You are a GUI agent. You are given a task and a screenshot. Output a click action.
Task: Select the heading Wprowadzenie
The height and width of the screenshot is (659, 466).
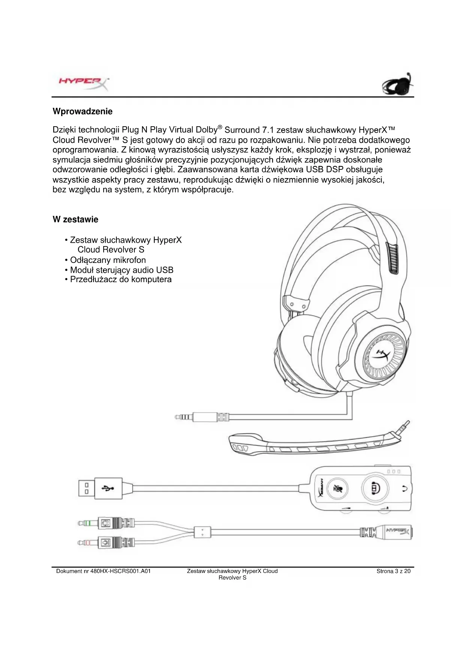(83, 112)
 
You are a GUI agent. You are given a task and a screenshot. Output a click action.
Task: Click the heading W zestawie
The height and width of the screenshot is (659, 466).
(75, 220)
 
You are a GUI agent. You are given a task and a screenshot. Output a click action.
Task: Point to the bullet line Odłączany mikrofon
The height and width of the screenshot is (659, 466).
(108, 260)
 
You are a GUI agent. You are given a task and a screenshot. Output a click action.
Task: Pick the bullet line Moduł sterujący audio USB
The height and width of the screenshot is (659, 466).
(122, 270)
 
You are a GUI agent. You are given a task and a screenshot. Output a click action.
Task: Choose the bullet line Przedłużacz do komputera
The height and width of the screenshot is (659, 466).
(121, 280)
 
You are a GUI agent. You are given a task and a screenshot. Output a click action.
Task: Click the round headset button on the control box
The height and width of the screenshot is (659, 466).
(374, 488)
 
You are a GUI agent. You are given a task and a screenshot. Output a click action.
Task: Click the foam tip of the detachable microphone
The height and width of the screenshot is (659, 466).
(239, 445)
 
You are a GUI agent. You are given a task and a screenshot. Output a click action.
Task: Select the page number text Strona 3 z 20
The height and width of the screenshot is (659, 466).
(394, 571)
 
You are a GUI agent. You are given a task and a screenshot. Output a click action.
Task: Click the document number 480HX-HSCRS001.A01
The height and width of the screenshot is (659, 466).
(103, 571)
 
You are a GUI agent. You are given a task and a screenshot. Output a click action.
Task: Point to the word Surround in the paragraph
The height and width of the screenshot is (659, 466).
(242, 130)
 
